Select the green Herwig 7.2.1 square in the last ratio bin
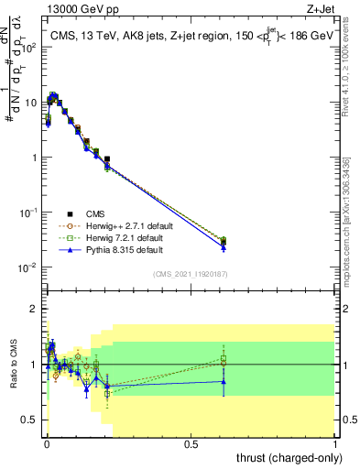point(224,359)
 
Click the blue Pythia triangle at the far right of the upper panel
point(224,247)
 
